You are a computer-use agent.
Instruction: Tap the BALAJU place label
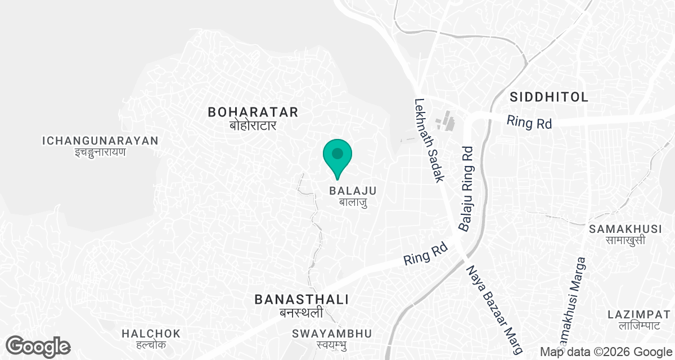tap(353, 191)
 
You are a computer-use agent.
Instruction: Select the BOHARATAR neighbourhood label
tap(253, 112)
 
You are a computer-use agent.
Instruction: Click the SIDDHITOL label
tap(549, 97)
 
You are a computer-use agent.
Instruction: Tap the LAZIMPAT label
tap(642, 314)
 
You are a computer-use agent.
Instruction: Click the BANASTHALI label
tap(302, 299)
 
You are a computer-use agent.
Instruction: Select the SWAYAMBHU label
tap(332, 334)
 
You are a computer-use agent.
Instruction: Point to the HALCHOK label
tap(151, 334)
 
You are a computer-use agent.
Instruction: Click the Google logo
tap(38, 346)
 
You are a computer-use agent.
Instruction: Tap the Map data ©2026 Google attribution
tap(606, 352)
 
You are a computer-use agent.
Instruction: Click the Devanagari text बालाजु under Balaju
tap(353, 202)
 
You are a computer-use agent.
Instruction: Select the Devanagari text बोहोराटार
tap(253, 125)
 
